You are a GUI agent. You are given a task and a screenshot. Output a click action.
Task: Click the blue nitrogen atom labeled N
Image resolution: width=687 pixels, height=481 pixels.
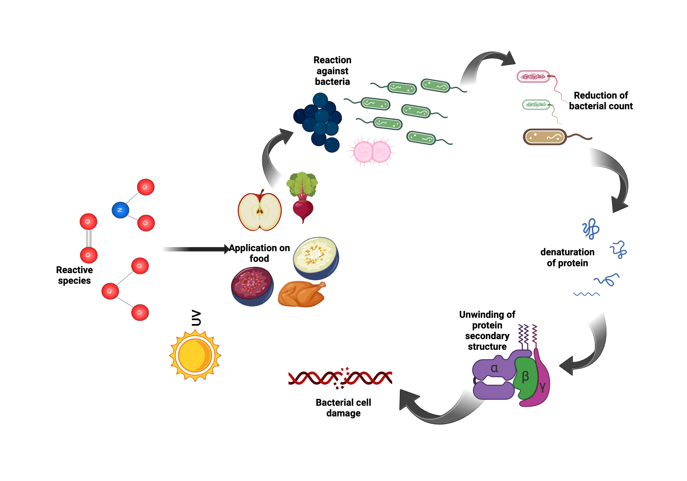point(120,210)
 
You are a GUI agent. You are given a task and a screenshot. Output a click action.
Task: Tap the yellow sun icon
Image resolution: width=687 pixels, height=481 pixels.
point(195,356)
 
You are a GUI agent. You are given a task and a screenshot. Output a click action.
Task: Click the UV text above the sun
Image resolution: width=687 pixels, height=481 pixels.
point(196,318)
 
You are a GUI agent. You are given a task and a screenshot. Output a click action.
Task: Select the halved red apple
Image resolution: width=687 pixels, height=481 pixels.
point(260,212)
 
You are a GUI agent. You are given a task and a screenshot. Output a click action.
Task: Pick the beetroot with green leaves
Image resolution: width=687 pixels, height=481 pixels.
point(303,198)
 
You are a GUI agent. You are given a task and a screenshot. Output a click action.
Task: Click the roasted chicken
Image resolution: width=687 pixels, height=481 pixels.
point(302,294)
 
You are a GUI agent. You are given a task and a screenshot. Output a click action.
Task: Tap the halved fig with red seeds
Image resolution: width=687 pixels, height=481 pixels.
point(252,286)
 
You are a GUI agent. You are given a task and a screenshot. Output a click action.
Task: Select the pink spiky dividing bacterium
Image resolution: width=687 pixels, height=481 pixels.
point(372,152)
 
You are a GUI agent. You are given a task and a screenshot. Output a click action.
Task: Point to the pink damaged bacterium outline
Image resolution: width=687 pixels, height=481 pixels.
point(533,76)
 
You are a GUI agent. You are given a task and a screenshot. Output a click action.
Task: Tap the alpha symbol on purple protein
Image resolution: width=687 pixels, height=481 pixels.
point(494,368)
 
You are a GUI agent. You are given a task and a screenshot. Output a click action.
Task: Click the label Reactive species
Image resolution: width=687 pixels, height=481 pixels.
point(74,275)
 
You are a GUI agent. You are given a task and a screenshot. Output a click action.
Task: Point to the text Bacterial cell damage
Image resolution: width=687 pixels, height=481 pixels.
point(343,407)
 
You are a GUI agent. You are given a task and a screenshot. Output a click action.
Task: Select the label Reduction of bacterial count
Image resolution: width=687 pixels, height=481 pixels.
point(600,100)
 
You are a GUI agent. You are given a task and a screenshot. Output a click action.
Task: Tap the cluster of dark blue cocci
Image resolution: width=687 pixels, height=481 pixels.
point(318,122)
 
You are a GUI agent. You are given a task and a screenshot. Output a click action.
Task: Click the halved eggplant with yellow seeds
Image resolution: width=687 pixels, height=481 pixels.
point(316,258)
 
